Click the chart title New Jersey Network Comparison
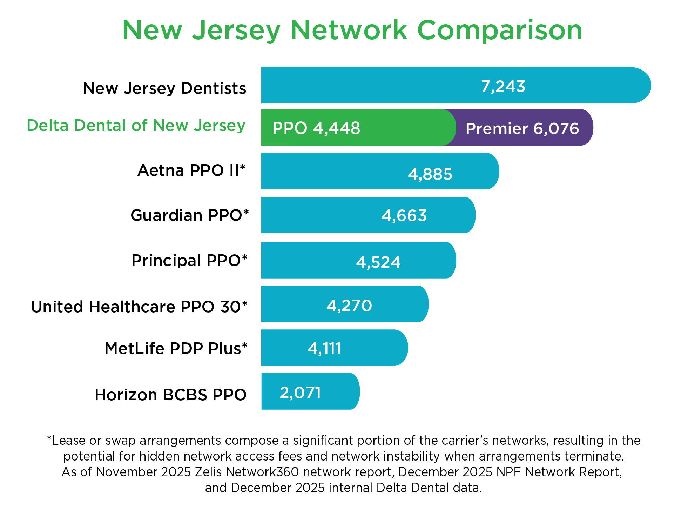click(x=352, y=30)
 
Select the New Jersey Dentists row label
click(x=164, y=88)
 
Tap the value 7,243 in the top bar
click(x=503, y=86)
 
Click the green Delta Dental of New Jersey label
click(x=136, y=126)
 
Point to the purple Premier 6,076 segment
click(x=522, y=128)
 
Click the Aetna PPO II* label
click(x=191, y=170)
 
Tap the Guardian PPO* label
click(x=190, y=215)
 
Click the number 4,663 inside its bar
click(x=404, y=215)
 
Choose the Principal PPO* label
click(x=189, y=261)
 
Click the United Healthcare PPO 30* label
click(x=139, y=307)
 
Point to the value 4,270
click(x=349, y=306)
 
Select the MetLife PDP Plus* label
click(x=176, y=349)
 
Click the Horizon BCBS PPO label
click(x=171, y=395)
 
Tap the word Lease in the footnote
click(x=68, y=441)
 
